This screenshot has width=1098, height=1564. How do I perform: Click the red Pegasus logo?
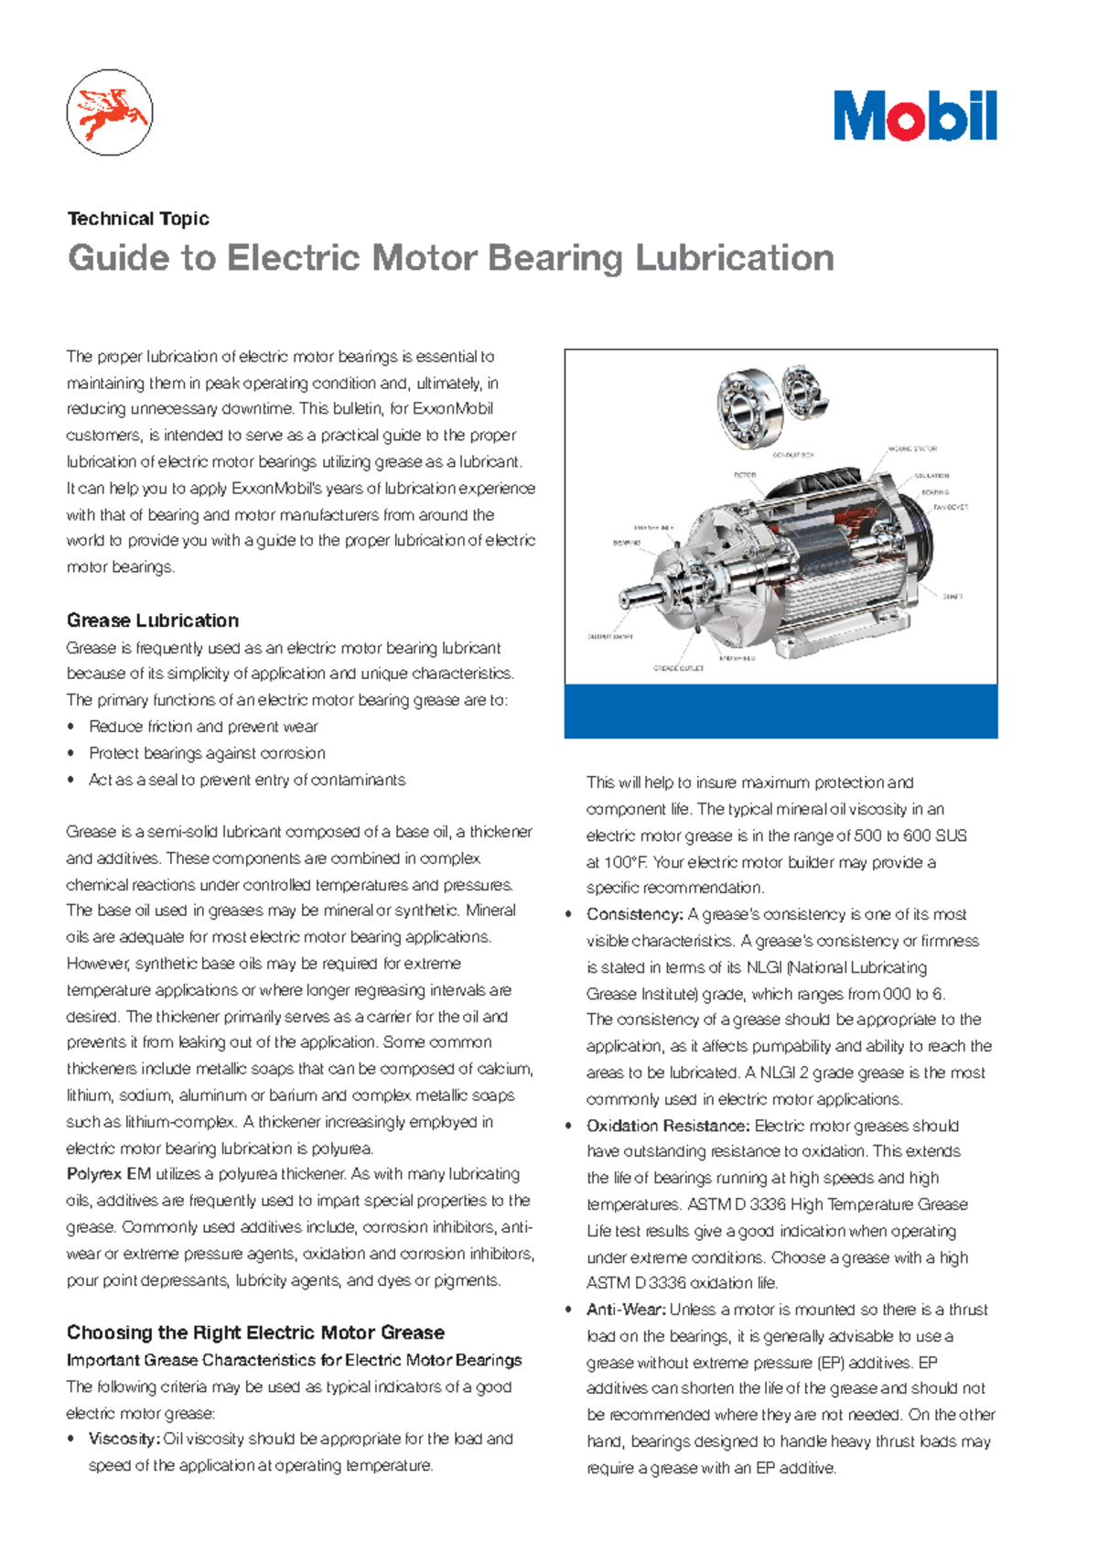pos(110,113)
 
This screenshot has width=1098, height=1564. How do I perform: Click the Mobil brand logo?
pos(914,116)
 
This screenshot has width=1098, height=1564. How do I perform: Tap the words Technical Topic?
pos(138,219)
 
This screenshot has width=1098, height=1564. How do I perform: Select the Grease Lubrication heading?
pos(153,620)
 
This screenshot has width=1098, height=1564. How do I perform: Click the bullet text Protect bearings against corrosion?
pos(207,753)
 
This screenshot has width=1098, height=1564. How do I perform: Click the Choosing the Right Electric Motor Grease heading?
pos(255,1332)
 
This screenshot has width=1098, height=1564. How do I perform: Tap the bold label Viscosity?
pos(124,1439)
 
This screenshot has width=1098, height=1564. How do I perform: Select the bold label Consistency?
pos(634,914)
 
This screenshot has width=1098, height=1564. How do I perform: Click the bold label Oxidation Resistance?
pos(668,1126)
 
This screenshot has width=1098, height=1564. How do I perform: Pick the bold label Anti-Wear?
pos(626,1310)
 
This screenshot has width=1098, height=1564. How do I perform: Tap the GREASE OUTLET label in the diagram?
pos(678,668)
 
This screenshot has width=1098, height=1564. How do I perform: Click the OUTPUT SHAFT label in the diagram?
pos(609,636)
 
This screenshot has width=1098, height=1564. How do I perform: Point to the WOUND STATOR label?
pos(912,449)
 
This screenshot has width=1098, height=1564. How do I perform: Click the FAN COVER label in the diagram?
pos(950,506)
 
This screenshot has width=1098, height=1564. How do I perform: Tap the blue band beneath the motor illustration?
pos(780,711)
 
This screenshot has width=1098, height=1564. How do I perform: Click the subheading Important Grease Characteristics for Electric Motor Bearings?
pos(294,1360)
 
